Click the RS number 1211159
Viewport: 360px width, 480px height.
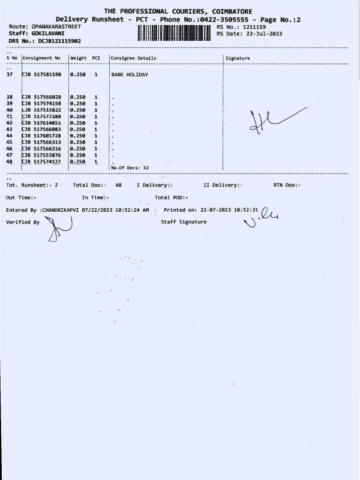(x=254, y=27)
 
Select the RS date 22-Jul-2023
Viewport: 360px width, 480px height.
(x=261, y=34)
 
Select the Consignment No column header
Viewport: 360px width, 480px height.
(x=41, y=58)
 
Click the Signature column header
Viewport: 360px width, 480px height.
(x=238, y=58)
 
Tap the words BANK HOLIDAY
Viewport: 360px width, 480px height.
(x=130, y=74)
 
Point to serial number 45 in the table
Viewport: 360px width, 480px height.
(x=10, y=142)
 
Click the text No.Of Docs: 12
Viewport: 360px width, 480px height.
(x=130, y=168)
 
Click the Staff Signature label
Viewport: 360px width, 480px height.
(x=184, y=222)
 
